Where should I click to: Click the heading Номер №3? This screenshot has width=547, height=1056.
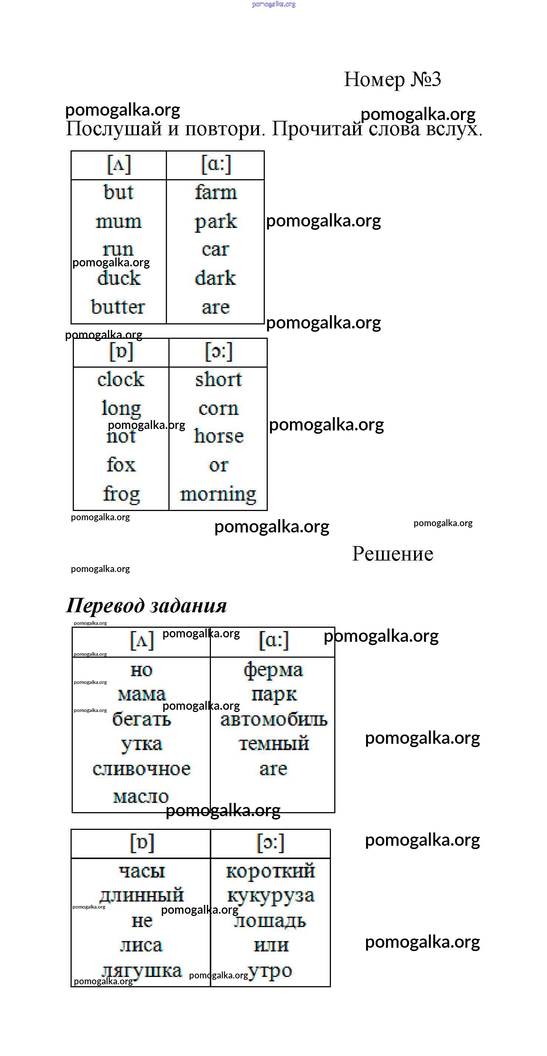(392, 79)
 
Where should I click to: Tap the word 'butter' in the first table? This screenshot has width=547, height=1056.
(118, 307)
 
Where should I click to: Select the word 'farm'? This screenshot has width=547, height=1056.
(216, 192)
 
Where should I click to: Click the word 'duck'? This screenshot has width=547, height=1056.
(119, 278)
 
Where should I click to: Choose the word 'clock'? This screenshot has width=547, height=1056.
(121, 379)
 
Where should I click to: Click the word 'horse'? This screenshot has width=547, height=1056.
(219, 436)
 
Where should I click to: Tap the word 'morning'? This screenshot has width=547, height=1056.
(218, 494)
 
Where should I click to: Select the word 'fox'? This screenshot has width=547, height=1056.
(121, 464)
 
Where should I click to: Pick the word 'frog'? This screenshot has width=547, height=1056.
(121, 494)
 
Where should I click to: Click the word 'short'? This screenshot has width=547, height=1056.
(218, 379)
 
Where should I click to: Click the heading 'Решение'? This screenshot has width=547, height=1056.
(393, 553)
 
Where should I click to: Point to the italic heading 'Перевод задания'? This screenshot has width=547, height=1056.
(146, 606)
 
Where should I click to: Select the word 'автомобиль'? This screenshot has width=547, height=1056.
(274, 720)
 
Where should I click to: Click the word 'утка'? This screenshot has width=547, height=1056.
(142, 745)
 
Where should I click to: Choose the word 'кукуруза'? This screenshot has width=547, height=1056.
(271, 896)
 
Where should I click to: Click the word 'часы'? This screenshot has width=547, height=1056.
(142, 871)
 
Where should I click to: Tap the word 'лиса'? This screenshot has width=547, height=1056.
(141, 945)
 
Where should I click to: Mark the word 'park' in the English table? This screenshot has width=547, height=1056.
(216, 221)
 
